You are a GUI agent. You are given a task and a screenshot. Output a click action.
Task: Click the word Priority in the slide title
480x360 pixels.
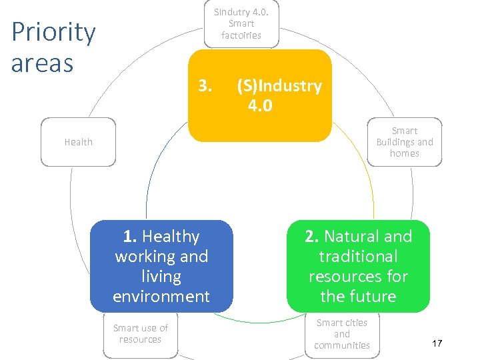click(53, 33)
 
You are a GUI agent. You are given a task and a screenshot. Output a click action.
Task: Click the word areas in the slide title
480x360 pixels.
click(42, 63)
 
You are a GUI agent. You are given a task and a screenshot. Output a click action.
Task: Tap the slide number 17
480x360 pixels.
click(437, 343)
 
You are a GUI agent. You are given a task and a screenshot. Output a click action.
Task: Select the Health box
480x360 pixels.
click(78, 142)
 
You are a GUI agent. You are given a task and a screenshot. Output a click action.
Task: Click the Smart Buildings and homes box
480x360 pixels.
click(405, 142)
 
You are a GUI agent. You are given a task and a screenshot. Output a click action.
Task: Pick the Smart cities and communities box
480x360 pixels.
click(342, 334)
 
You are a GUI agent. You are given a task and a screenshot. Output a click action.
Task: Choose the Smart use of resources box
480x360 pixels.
click(140, 334)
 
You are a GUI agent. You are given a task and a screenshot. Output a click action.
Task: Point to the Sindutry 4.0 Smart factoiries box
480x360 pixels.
click(241, 24)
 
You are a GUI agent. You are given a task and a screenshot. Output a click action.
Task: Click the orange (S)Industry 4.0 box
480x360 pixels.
click(259, 95)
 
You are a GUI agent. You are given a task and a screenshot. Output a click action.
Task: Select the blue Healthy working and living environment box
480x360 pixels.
click(161, 266)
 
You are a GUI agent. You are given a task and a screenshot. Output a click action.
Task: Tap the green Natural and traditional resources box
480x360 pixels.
click(358, 266)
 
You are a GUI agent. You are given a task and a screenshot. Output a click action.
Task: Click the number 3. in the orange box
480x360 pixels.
click(205, 86)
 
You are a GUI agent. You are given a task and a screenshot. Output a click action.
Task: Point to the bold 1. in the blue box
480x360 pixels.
click(130, 237)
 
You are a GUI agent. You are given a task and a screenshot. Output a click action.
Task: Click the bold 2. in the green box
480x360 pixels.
click(312, 237)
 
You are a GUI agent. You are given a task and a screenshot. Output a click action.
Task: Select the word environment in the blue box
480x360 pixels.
click(161, 296)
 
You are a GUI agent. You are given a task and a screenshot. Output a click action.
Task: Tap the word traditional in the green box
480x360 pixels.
click(358, 257)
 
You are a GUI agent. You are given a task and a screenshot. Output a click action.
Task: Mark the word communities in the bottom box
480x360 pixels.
click(342, 345)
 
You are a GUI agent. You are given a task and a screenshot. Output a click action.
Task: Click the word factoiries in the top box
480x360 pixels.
click(241, 35)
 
